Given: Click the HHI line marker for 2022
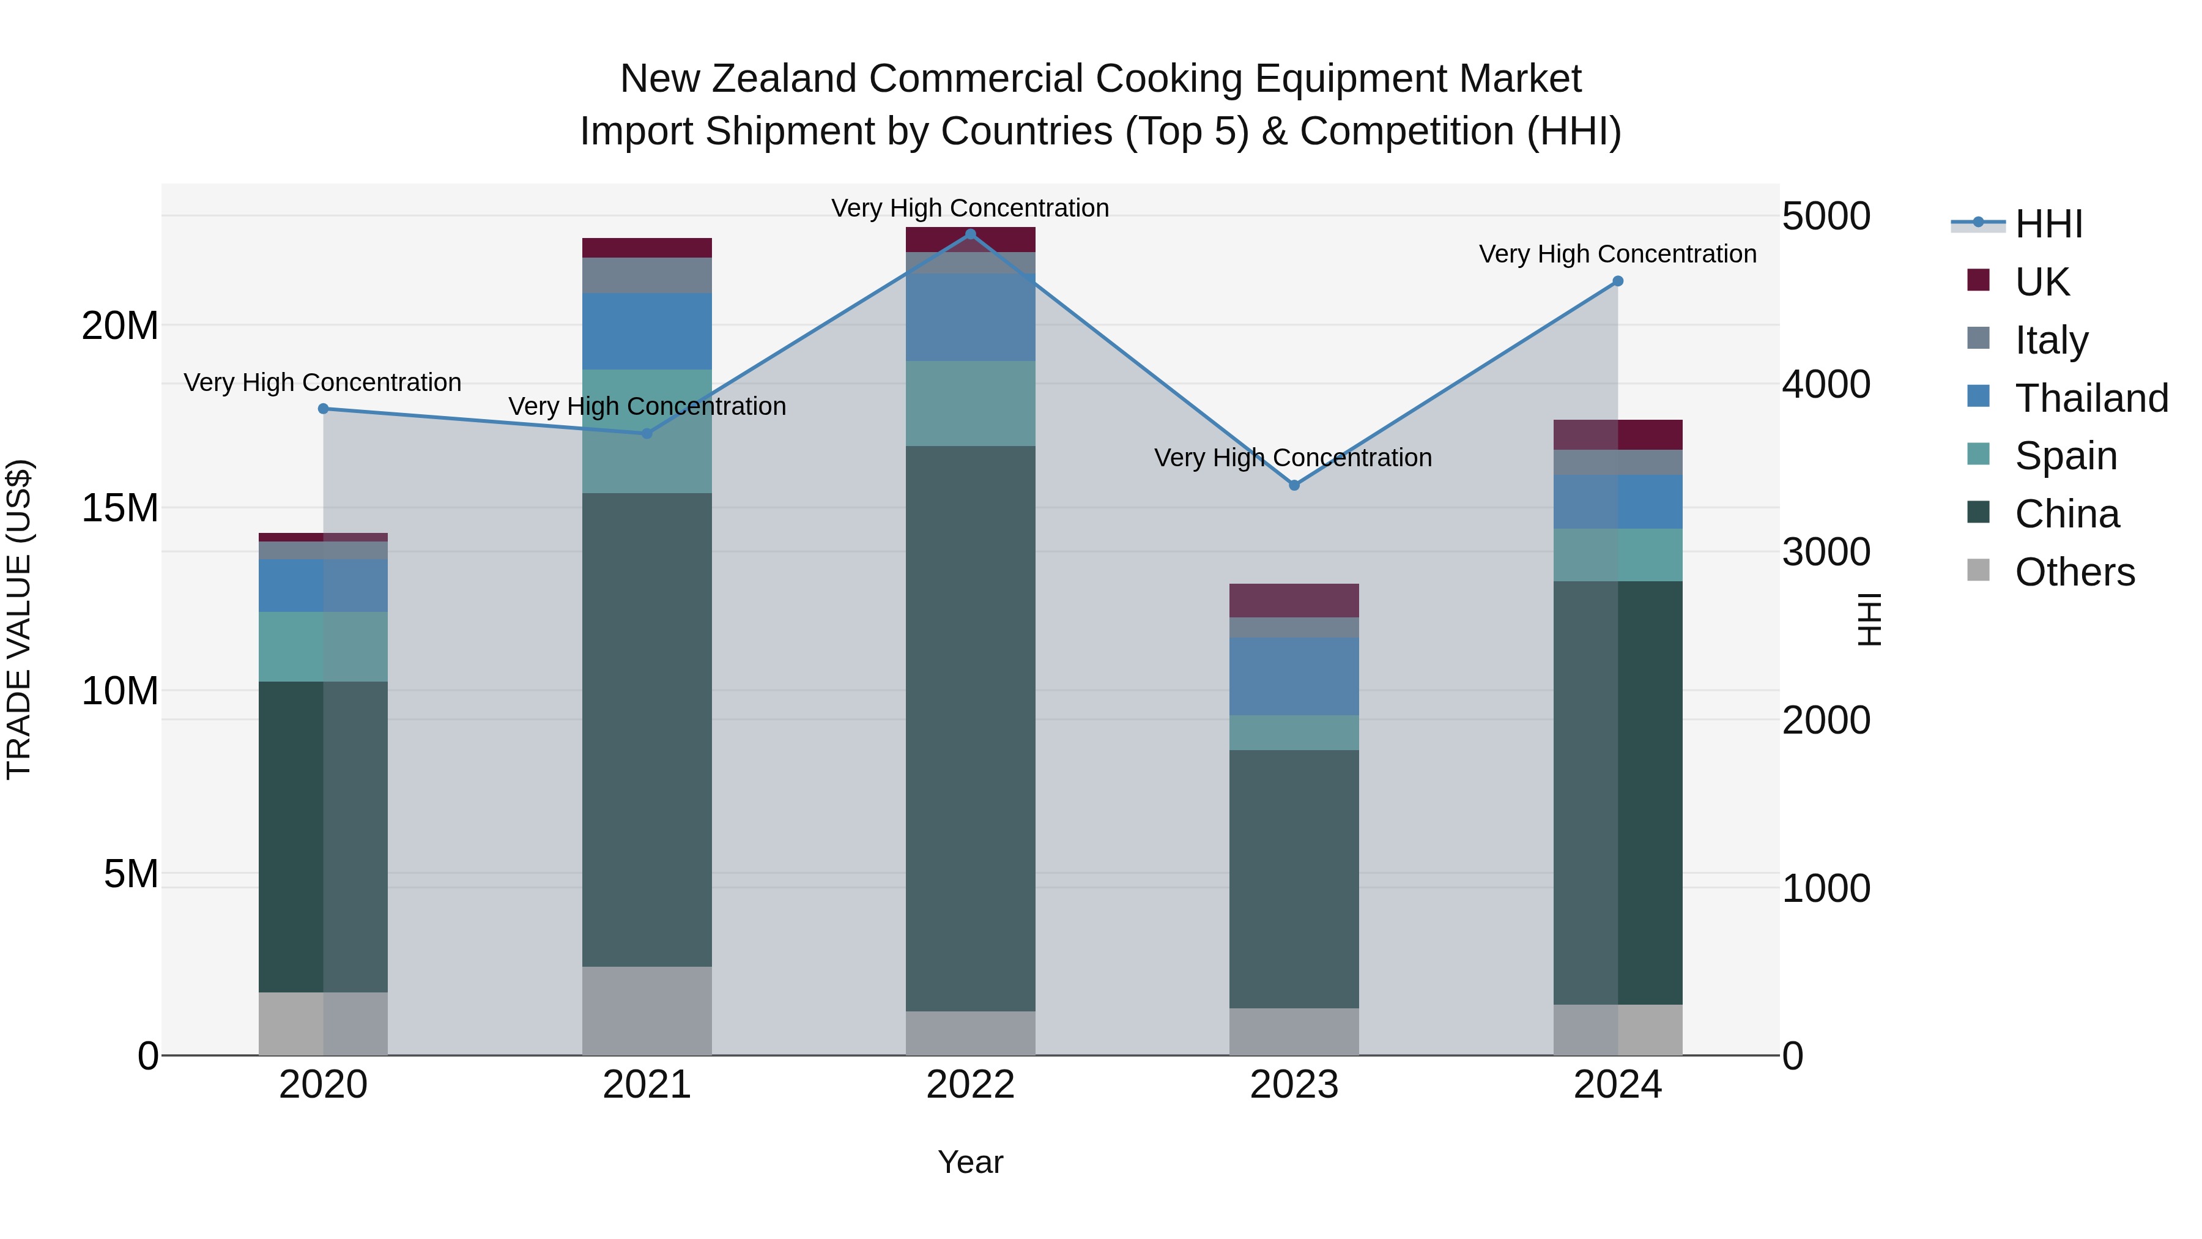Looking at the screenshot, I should pos(970,234).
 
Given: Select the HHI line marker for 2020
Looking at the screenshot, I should pos(323,409).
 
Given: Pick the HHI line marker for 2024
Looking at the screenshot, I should pos(1617,281).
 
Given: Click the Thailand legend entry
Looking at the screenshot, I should pos(2090,398).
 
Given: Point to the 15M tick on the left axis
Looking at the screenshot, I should pos(120,508).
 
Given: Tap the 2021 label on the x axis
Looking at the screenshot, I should pos(647,1085).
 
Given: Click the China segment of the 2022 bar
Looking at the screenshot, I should pos(970,727).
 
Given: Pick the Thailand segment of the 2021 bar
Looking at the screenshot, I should pos(647,331).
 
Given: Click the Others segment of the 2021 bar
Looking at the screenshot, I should pos(647,1011).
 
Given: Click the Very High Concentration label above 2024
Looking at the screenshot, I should pos(1617,254).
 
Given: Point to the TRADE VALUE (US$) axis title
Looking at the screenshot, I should pos(19,619).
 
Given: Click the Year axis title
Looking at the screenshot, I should pos(970,1162).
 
